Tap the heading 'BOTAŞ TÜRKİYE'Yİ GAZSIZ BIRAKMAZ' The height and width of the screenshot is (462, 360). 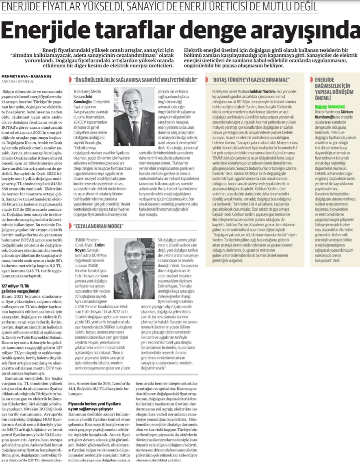click(x=252, y=79)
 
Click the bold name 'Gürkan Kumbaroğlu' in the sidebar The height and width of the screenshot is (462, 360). click(x=333, y=114)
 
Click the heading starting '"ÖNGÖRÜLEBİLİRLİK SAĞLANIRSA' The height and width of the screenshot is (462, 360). click(x=134, y=79)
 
